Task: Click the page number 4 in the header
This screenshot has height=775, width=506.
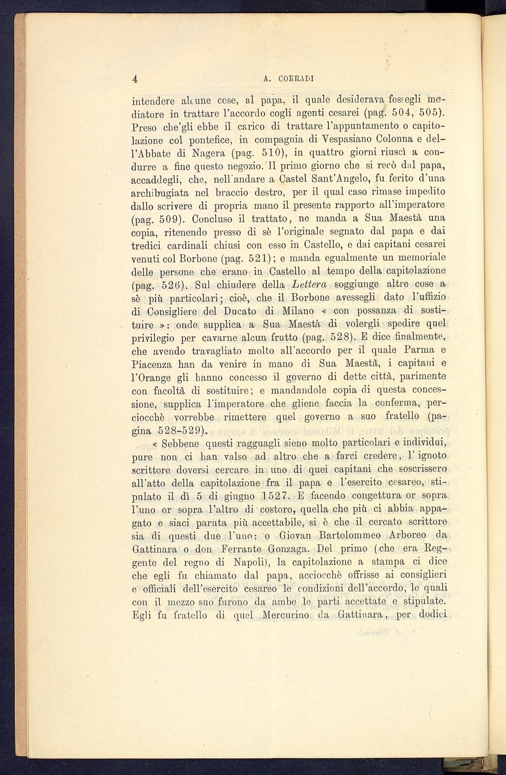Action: [x=135, y=78]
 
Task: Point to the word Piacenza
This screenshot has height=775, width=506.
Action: [x=155, y=364]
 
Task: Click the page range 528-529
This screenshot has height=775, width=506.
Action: [x=171, y=430]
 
